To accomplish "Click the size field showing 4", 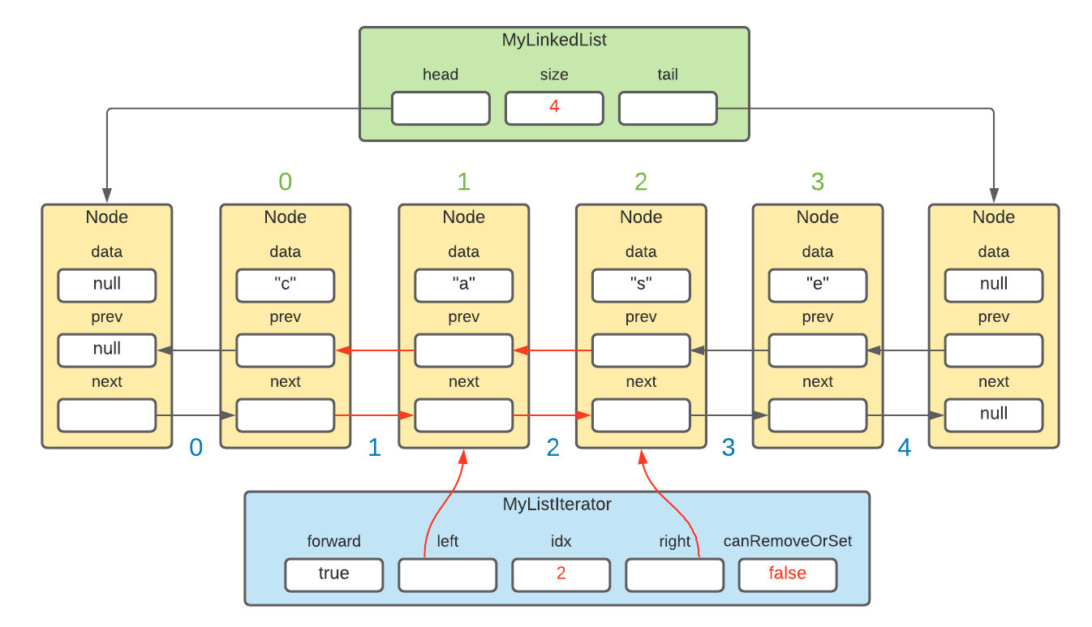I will pos(554,108).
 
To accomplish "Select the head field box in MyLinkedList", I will pos(441,108).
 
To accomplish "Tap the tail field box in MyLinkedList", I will pos(668,108).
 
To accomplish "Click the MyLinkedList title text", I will pos(554,40).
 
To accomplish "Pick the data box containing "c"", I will pos(285,285).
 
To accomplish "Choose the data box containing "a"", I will pos(463,285).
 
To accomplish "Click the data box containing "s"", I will pos(641,285).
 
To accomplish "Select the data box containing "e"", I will pos(818,285).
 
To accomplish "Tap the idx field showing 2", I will pos(561,574).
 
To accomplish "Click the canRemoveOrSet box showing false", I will pos(787,574).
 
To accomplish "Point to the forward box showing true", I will pos(333,574).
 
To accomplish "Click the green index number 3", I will pos(818,182).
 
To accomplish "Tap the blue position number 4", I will pos(904,448).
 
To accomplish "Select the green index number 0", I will pos(285,182).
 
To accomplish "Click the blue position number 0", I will pos(196,448).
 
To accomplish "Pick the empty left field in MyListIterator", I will pos(447,574).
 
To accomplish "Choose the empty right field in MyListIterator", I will pos(674,574).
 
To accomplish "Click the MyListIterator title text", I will pos(557,505).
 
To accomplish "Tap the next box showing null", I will pos(994,414).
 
